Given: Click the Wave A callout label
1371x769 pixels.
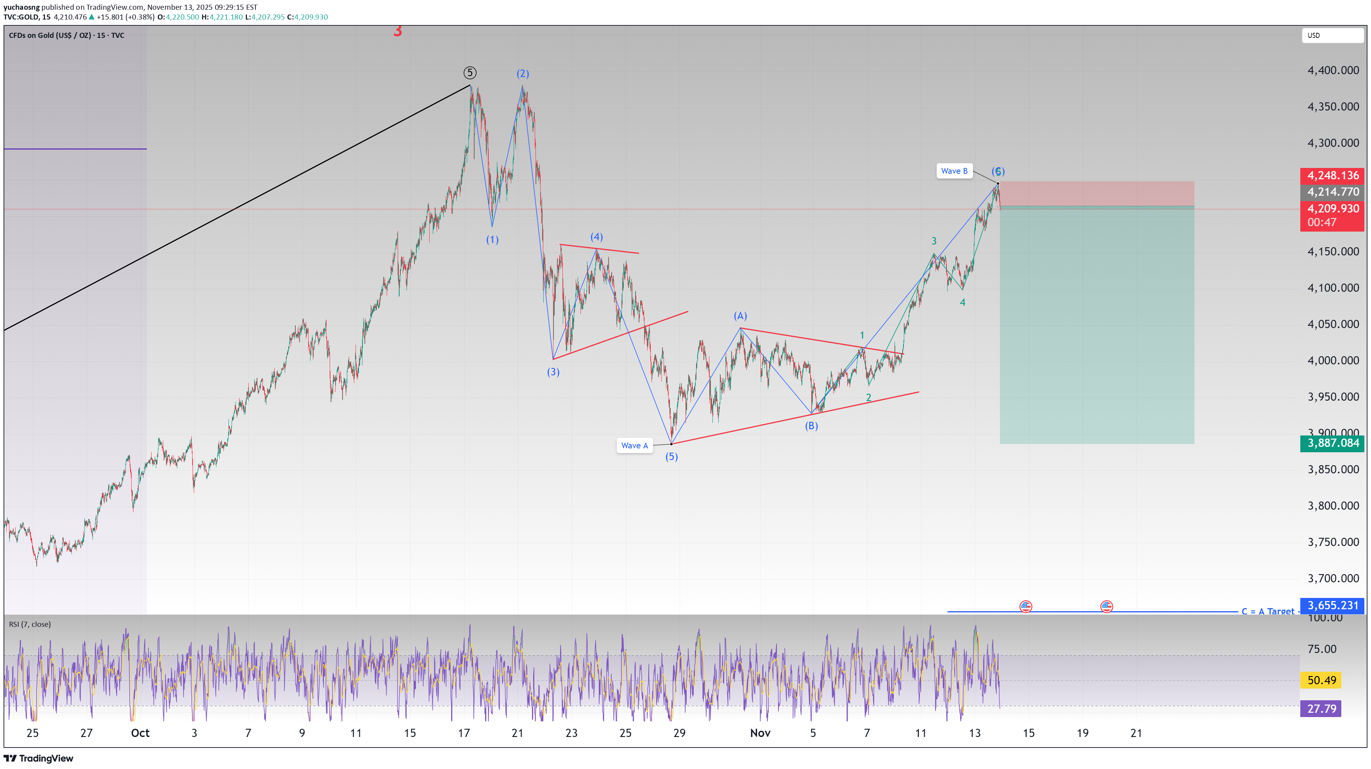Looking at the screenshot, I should pyautogui.click(x=634, y=446).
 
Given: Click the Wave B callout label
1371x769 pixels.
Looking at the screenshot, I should pyautogui.click(x=954, y=171).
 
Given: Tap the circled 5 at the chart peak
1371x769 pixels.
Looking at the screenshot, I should pyautogui.click(x=469, y=72).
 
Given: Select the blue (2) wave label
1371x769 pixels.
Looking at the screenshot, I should pyautogui.click(x=523, y=73).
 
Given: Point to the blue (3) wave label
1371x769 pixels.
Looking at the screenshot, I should pyautogui.click(x=553, y=372).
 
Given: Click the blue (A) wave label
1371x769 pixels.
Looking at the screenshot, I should pyautogui.click(x=740, y=316).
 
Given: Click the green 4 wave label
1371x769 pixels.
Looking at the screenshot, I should pyautogui.click(x=962, y=302).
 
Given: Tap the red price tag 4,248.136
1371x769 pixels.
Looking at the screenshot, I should pyautogui.click(x=1332, y=175).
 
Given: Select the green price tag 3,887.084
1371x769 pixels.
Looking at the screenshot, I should pyautogui.click(x=1332, y=443).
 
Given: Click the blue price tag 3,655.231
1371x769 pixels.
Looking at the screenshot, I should pyautogui.click(x=1332, y=605).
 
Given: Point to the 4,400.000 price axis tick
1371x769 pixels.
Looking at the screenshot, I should pyautogui.click(x=1333, y=70).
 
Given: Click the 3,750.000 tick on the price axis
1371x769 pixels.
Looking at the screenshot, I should pyautogui.click(x=1333, y=542).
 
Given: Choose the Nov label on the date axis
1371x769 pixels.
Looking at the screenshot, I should pyautogui.click(x=760, y=733).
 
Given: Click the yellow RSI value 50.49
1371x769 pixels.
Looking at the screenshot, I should pyautogui.click(x=1321, y=680).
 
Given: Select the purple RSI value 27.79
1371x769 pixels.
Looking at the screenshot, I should pyautogui.click(x=1321, y=708).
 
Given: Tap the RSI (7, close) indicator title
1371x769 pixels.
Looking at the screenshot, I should pyautogui.click(x=30, y=624).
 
